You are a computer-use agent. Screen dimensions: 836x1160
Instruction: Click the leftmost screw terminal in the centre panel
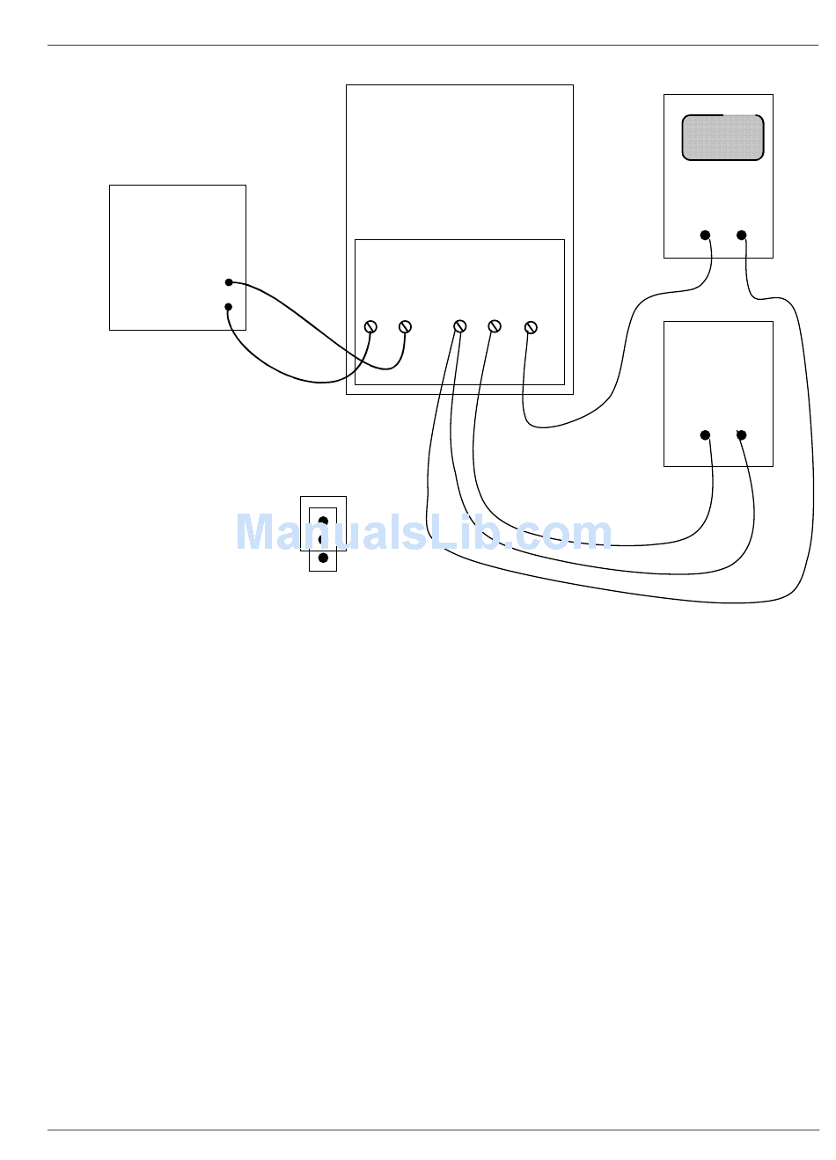(x=370, y=327)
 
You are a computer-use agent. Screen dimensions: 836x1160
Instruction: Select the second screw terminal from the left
(x=406, y=327)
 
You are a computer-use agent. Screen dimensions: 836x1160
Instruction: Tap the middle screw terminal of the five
(x=459, y=327)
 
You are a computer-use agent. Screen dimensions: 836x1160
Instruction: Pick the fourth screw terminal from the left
(x=495, y=327)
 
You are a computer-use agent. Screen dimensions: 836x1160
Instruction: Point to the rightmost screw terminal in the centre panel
(x=530, y=327)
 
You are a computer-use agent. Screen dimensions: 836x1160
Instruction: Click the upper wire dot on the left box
(x=229, y=282)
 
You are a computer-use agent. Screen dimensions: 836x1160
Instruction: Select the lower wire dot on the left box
(x=229, y=307)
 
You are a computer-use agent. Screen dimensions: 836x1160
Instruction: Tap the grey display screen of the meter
(x=722, y=138)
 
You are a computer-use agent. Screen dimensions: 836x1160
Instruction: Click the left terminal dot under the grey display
(x=705, y=235)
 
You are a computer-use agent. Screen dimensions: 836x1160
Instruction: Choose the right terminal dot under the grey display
(x=742, y=235)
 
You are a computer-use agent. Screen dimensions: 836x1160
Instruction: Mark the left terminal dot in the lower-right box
(x=705, y=434)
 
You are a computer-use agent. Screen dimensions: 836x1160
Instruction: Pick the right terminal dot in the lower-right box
(x=742, y=434)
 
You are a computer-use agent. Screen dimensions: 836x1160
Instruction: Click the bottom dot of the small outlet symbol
(x=323, y=558)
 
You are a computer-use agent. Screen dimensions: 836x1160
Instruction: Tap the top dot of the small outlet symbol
(x=323, y=522)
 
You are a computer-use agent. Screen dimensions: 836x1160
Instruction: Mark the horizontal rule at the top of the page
(x=432, y=45)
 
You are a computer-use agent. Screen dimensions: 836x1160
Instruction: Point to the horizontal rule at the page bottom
(x=432, y=1130)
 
